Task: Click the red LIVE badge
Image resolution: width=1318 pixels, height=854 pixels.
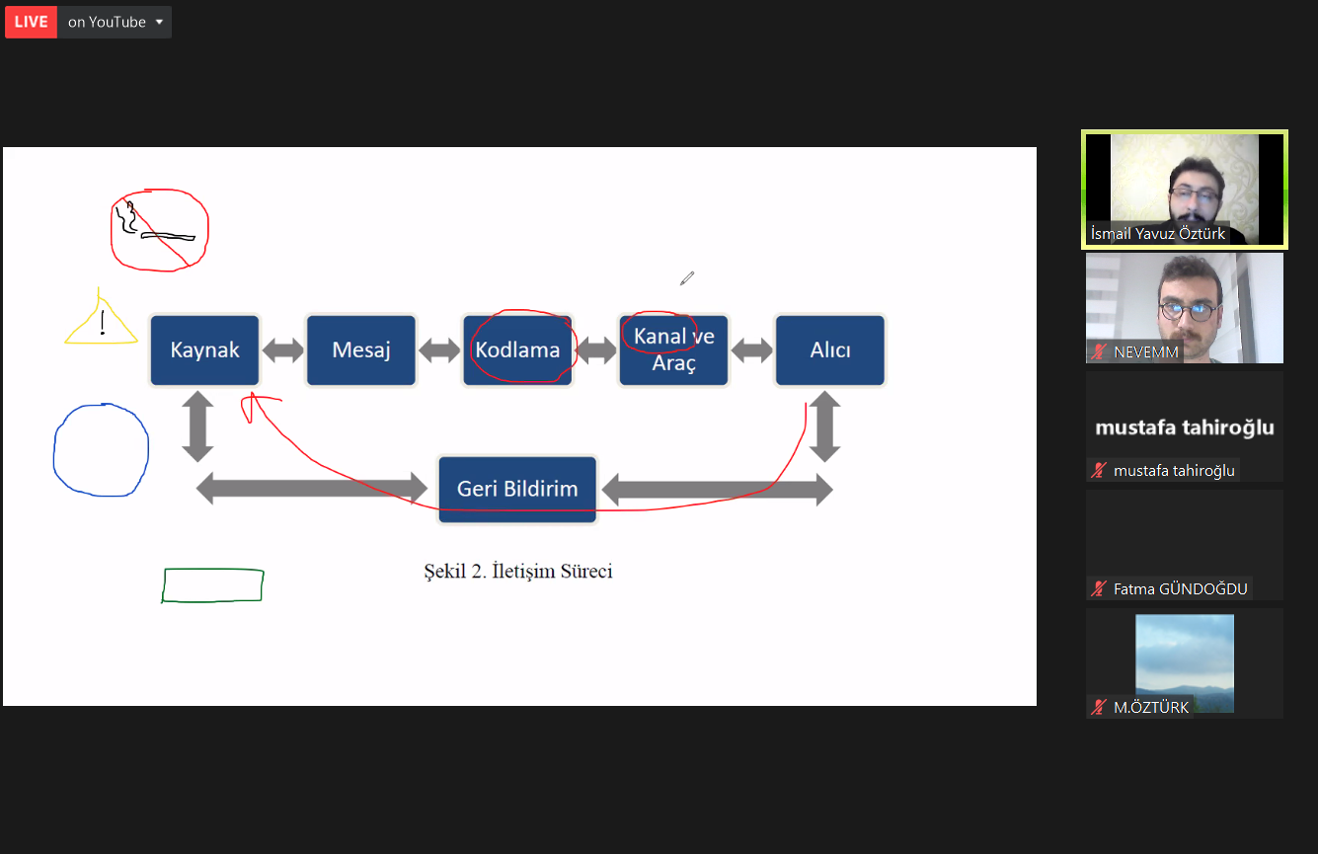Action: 32,22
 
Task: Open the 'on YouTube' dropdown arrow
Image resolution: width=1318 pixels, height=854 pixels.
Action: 160,23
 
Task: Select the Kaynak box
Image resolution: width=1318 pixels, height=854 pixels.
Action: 204,350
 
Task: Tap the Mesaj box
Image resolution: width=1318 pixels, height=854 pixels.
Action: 361,350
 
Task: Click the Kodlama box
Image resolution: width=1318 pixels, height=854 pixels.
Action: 517,350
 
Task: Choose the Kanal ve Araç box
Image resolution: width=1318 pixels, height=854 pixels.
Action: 673,350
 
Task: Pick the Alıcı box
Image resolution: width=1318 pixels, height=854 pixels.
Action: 830,350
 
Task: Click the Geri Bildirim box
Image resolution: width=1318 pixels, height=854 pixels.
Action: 517,489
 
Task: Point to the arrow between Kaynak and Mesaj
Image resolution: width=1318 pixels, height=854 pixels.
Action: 283,350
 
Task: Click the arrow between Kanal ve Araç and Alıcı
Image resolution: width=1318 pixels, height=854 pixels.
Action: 752,350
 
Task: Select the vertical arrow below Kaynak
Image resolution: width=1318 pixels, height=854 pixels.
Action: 197,427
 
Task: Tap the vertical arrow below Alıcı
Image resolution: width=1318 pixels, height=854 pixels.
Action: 825,427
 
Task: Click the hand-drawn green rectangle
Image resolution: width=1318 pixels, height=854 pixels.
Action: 213,569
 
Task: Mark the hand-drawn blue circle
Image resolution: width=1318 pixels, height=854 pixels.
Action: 54,450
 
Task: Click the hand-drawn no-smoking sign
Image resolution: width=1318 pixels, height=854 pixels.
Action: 160,230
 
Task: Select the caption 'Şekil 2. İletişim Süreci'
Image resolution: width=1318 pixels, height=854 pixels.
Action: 518,572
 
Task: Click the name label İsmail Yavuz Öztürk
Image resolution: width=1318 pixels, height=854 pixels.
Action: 1157,234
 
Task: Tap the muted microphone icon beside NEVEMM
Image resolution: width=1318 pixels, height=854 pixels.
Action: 1099,351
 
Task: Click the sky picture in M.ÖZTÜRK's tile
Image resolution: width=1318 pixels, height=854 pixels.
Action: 1185,662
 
